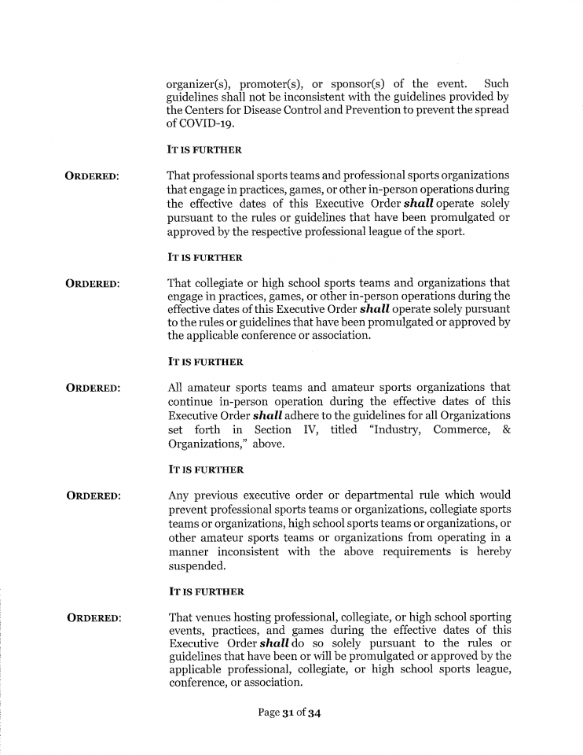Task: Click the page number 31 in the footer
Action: click(288, 713)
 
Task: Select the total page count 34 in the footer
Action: click(314, 713)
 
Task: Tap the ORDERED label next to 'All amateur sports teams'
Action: click(93, 389)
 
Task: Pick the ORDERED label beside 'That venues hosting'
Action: click(94, 618)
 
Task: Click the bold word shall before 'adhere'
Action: click(271, 414)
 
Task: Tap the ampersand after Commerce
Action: click(506, 429)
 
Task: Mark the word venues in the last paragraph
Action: click(219, 617)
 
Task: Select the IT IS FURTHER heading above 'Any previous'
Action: click(205, 470)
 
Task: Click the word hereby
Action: click(491, 551)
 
